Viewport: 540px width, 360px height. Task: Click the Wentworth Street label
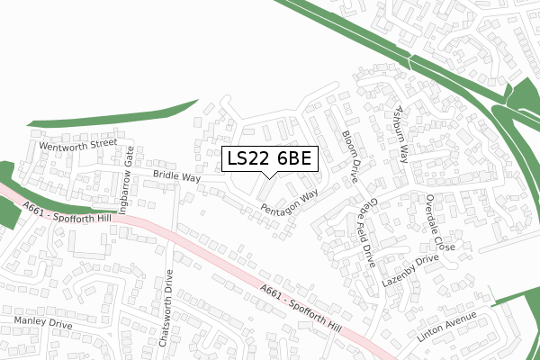pos(77,142)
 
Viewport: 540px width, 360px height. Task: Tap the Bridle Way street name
pos(175,177)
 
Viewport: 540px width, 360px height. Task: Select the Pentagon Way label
pos(290,202)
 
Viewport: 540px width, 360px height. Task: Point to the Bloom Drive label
pos(351,151)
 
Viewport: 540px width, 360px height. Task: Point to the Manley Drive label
pos(42,321)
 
